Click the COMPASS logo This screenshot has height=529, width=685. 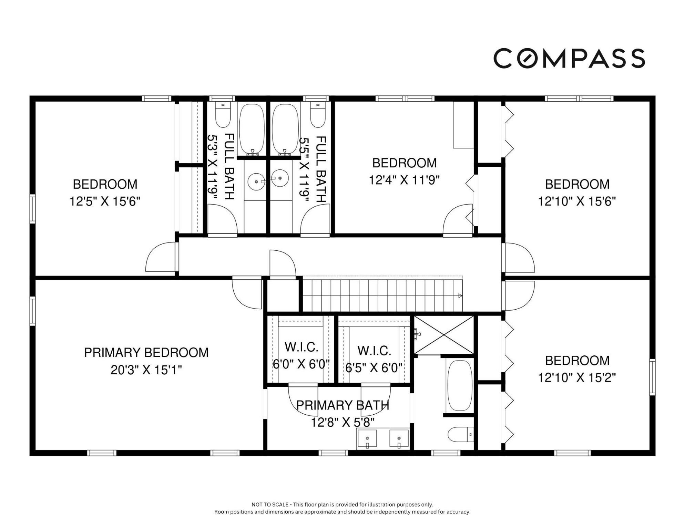pos(569,58)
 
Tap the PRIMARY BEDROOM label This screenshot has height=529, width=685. pos(146,353)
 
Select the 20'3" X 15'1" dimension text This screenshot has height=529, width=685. pos(146,370)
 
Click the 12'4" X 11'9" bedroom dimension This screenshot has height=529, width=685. pos(405,180)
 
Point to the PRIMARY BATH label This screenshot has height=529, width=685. pos(343,405)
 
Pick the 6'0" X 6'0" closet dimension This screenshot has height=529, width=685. pos(301,364)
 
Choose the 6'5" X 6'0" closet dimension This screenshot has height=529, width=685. pos(374,368)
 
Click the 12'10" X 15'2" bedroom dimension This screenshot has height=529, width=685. pos(577,378)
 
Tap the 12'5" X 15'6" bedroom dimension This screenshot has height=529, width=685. pos(105,201)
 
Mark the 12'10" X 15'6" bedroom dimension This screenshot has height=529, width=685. pos(577,201)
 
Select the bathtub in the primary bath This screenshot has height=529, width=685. pos(460,385)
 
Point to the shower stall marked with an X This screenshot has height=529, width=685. pos(444,335)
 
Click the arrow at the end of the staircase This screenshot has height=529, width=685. pos(460,295)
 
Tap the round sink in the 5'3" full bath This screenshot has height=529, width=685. pos(256,181)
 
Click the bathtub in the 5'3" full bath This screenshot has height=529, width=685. pos(252,129)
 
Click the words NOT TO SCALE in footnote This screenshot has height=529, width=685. pos(270,505)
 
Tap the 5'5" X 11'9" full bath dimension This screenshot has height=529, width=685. pos(304,169)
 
